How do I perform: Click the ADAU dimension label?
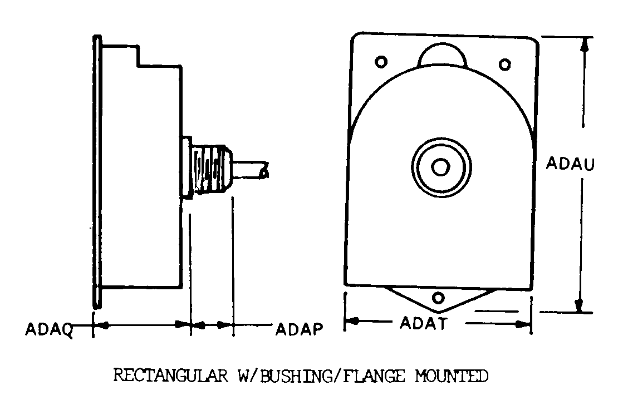tap(571, 164)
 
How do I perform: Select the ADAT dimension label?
tap(423, 323)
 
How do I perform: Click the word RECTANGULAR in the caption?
tap(170, 376)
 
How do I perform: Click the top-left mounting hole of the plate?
tap(382, 61)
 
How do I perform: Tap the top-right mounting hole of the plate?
tap(504, 65)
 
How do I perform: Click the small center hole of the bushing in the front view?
tap(441, 166)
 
